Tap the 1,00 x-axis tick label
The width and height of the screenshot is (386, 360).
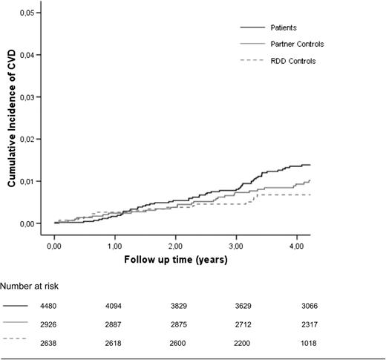(x=115, y=243)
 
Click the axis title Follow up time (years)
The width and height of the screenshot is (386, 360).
(x=175, y=260)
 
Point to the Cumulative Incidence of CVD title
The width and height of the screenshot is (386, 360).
(x=12, y=119)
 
